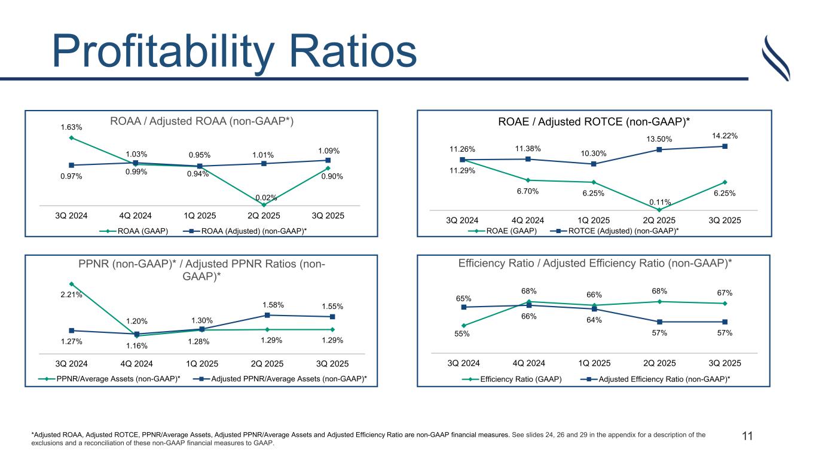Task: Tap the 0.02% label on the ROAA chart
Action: pyautogui.click(x=264, y=197)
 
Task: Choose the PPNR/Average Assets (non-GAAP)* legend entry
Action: pyautogui.click(x=109, y=378)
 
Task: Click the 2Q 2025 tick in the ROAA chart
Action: pyautogui.click(x=264, y=216)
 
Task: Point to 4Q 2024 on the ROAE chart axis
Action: pyautogui.click(x=528, y=221)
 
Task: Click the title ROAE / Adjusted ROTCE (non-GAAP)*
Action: pyautogui.click(x=594, y=122)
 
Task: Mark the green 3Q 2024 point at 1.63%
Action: pyautogui.click(x=71, y=138)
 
